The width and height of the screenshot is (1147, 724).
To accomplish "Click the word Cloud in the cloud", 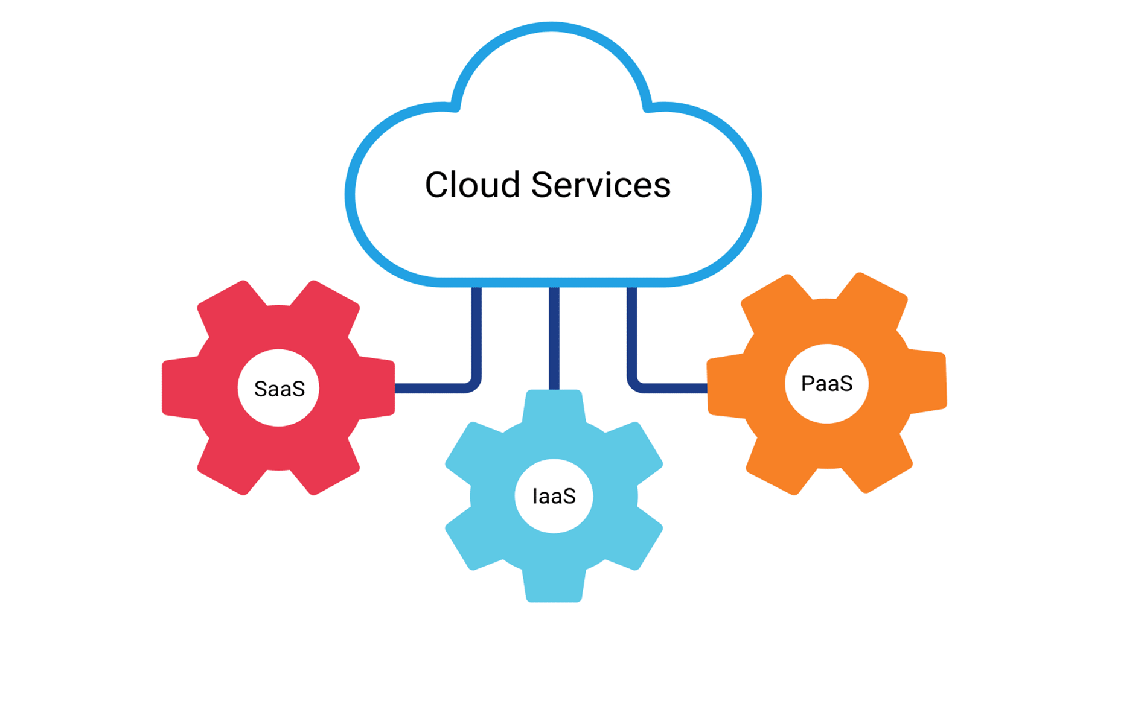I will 472,185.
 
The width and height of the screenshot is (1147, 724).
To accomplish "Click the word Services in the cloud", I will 601,185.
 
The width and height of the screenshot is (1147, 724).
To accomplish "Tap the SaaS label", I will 279,389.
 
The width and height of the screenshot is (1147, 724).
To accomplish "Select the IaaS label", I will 554,497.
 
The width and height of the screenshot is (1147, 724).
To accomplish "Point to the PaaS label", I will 826,384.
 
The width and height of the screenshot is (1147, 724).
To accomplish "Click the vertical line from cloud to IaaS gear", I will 554,338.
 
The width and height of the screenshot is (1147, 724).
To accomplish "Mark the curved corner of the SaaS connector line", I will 474,384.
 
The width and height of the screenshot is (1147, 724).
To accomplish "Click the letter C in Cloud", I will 438,185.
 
